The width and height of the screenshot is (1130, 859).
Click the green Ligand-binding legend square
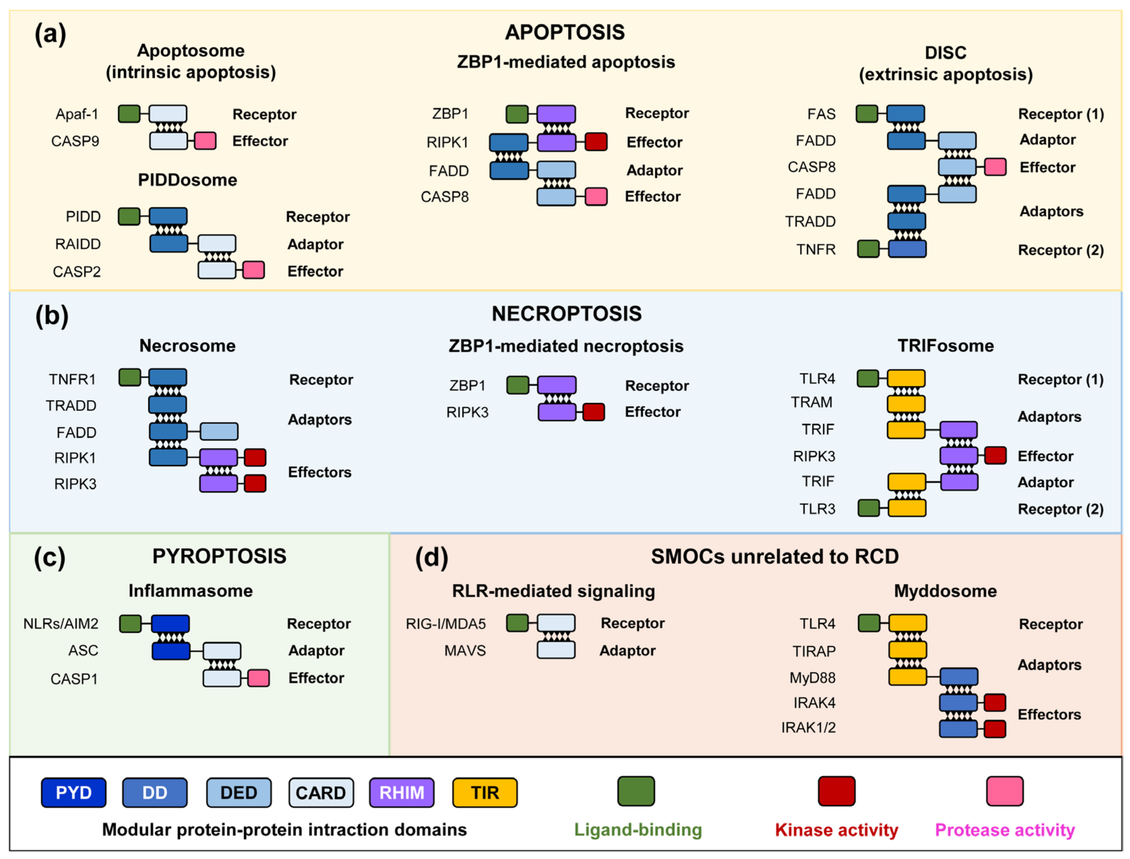point(636,791)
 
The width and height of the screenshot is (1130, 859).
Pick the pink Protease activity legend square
point(1004,791)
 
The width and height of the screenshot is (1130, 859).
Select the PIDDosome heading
point(187,180)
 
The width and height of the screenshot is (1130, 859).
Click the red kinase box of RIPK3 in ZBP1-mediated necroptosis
point(593,412)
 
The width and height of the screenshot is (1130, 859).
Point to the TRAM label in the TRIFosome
point(812,402)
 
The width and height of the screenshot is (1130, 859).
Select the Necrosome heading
point(187,346)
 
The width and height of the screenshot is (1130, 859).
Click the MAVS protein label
point(465,651)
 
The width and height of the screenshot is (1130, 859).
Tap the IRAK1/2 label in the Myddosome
point(808,728)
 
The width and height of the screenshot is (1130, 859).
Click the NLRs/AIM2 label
point(61,624)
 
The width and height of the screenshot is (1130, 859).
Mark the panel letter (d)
point(431,557)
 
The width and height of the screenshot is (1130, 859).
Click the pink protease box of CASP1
point(259,678)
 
